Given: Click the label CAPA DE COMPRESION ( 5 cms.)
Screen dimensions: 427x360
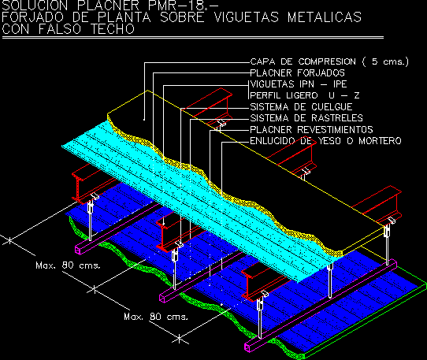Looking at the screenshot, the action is point(329,61).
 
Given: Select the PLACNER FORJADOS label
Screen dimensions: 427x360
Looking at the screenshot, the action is point(297,73).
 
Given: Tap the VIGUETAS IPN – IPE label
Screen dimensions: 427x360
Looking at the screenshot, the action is point(299,84).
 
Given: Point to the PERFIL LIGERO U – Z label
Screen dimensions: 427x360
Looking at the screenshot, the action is point(305,95).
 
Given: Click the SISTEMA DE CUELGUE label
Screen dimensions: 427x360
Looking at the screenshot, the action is point(301,107).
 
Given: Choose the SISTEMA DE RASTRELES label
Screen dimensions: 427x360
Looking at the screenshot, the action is point(306,118).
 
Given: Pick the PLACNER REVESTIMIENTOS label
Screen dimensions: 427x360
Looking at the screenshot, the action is point(311,129).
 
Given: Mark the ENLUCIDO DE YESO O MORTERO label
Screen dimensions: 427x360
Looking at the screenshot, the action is point(325,141).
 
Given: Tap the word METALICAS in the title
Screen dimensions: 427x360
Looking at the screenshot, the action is point(325,17).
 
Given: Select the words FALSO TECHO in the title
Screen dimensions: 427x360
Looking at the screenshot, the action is point(87,29).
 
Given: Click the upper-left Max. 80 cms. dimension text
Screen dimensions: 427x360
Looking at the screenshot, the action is point(68,265).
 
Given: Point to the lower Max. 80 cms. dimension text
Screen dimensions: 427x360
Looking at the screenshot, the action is point(156,317).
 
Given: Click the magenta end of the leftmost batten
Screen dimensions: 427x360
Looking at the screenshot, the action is point(78,250).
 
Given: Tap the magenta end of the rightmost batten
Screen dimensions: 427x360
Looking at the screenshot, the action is point(247,347).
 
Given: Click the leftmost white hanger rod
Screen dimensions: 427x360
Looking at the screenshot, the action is point(91,221).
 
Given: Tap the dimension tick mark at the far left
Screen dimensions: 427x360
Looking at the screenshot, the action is point(9,241).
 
